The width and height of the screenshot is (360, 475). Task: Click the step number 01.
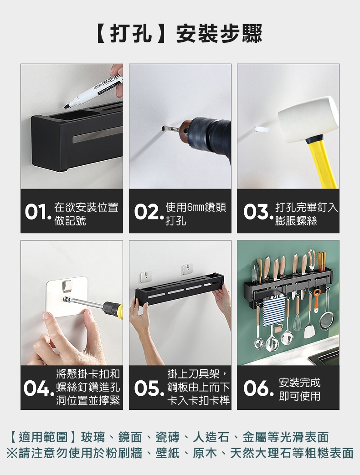[x=37, y=212]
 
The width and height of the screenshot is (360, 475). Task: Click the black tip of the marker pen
[x=67, y=106]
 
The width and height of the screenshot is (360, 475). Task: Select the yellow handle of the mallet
[x=323, y=163]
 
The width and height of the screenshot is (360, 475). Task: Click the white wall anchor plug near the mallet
[x=261, y=130]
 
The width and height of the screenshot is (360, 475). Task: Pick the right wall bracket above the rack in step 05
[x=187, y=269]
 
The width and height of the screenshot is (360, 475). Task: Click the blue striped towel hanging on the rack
[x=274, y=312]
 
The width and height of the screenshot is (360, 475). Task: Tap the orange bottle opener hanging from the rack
[x=316, y=300]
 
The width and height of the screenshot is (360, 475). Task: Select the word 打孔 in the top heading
[x=131, y=33]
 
